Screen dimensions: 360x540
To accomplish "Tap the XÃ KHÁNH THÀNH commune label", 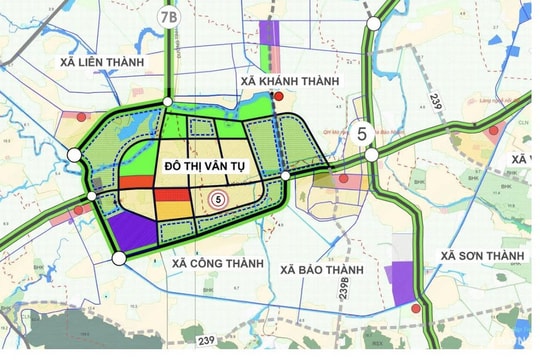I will point(297,81).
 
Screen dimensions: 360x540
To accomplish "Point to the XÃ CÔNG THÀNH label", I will point(217,263).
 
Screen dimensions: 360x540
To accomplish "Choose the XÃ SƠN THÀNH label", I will point(484,257).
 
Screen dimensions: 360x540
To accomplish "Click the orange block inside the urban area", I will point(170,209).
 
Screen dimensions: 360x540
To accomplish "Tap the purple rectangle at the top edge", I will point(268,32).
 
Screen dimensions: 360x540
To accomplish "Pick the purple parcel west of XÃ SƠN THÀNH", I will point(401,283).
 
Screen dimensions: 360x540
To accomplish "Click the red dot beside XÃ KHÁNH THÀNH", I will point(279,98).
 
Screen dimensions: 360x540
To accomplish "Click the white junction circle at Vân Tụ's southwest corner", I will point(119,258).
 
